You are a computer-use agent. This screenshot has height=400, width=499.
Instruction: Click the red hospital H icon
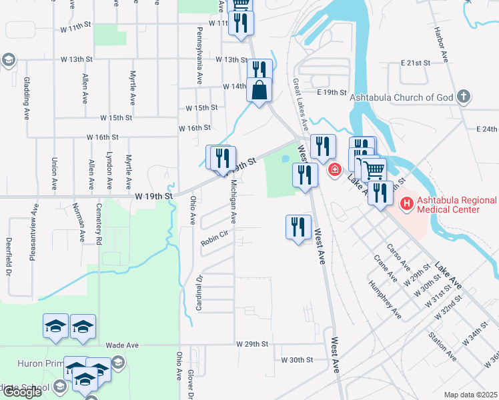pyautogui.click(x=405, y=201)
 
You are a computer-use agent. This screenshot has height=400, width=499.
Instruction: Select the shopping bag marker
pyautogui.click(x=259, y=89)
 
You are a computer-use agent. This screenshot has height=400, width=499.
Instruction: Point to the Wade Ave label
pyautogui.click(x=122, y=345)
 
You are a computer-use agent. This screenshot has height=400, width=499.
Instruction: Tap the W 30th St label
pyautogui.click(x=297, y=359)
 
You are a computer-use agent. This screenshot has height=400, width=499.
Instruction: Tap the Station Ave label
pyautogui.click(x=443, y=347)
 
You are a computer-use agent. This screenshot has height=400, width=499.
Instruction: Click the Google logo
pyautogui.click(x=22, y=391)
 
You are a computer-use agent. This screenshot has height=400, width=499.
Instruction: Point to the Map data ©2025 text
pyautogui.click(x=470, y=395)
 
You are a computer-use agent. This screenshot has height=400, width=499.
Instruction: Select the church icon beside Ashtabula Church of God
pyautogui.click(x=464, y=97)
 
